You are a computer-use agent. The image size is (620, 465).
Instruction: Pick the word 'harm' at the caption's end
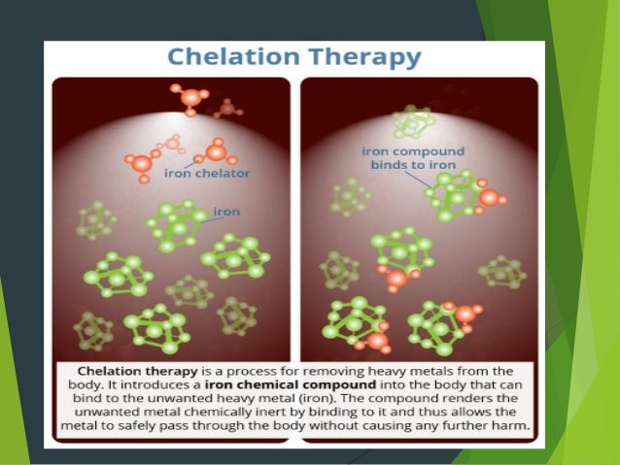pyautogui.click(x=512, y=426)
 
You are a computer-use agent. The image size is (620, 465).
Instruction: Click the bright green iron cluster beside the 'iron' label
pyautogui.click(x=176, y=225)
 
